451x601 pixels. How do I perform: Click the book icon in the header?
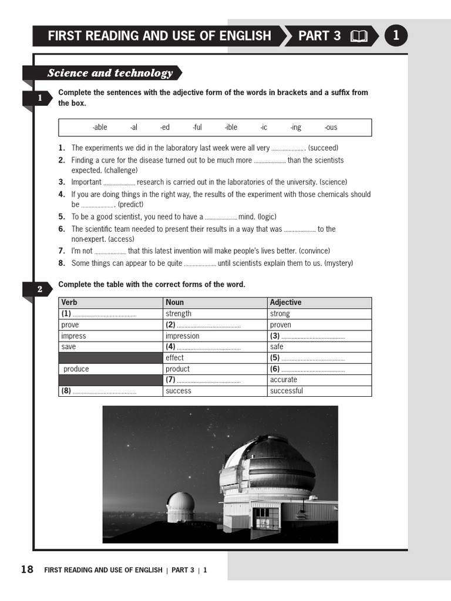(359, 36)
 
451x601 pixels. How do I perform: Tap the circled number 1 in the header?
(396, 36)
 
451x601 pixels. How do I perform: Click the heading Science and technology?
(110, 73)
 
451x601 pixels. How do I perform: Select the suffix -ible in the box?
(231, 127)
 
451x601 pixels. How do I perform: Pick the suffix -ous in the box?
(331, 127)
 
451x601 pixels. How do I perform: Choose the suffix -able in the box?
(99, 127)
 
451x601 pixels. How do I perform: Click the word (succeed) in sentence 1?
(323, 148)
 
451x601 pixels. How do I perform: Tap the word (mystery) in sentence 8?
(339, 263)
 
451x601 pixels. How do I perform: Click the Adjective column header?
(285, 302)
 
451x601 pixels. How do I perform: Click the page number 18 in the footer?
(27, 569)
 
